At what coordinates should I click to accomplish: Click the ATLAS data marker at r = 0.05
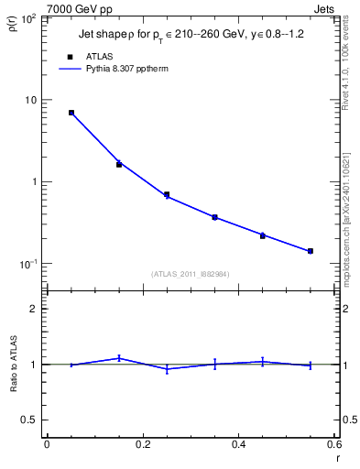pos(71,113)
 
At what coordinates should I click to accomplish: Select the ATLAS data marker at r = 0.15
pos(119,164)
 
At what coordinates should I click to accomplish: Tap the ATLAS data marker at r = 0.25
pos(167,194)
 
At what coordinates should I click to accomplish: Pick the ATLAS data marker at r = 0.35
pos(214,217)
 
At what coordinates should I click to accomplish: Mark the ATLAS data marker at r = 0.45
pos(262,235)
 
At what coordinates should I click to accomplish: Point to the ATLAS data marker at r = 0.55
pos(310,251)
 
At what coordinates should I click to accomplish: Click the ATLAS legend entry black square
pos(70,56)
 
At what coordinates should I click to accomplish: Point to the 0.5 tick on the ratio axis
pos(31,420)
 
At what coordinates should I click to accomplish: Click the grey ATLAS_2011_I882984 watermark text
pos(191,273)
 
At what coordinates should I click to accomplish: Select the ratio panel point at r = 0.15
pos(119,358)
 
